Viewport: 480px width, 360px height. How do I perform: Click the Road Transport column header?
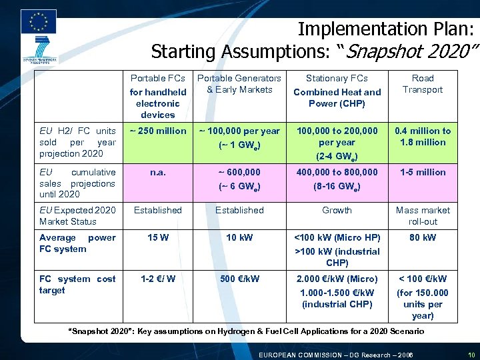(423, 84)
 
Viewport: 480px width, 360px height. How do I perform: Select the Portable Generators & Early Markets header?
(239, 84)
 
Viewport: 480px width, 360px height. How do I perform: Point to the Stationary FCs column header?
(337, 91)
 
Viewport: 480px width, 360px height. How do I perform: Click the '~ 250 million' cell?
(158, 131)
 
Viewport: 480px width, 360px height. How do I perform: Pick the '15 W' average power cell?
(158, 237)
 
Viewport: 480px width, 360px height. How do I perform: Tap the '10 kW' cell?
(239, 237)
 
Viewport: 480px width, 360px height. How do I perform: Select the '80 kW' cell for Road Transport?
(423, 237)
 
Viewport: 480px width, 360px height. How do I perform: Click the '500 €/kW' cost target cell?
(239, 279)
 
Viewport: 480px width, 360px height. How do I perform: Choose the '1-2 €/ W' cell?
(158, 279)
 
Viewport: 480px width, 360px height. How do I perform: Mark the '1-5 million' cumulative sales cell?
(423, 172)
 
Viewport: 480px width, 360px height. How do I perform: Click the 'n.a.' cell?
(158, 172)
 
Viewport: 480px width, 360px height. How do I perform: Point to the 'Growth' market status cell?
(337, 210)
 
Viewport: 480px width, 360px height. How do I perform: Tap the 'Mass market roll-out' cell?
(423, 215)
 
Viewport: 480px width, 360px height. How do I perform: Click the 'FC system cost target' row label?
(77, 285)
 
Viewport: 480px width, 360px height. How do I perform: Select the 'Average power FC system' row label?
(77, 243)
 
